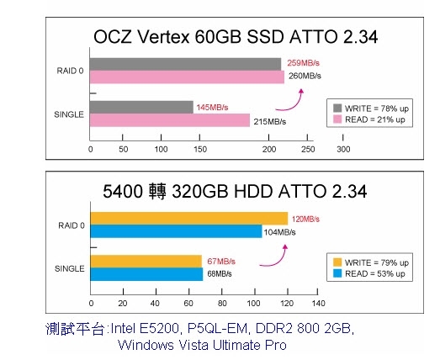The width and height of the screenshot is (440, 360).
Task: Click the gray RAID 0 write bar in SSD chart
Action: coord(185,64)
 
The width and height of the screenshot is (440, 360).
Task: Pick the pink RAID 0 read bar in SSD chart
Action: coord(187,77)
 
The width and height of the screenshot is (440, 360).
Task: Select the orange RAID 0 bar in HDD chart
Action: coord(188,219)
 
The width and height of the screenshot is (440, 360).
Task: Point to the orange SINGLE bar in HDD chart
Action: coord(145,261)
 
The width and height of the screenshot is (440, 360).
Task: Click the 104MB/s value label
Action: coord(279,232)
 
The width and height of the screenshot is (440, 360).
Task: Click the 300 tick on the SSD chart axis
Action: coord(343,149)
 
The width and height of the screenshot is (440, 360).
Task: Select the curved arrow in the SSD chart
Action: coord(295,98)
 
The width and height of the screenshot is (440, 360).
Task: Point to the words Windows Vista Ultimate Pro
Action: coord(203,345)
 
